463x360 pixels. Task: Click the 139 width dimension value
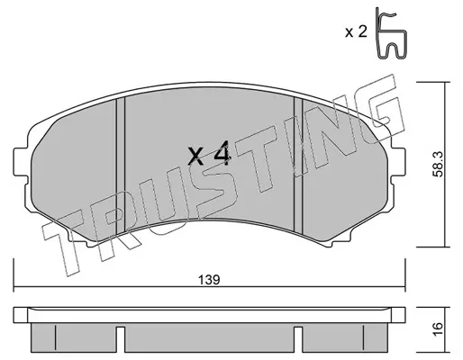(209, 280)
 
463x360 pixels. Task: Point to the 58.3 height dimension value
(439, 165)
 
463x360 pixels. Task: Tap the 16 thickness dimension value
(439, 330)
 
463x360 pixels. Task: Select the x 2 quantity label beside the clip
(356, 31)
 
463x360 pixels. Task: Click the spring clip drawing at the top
(391, 33)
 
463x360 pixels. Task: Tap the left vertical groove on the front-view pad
(121, 166)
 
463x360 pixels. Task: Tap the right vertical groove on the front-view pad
(298, 165)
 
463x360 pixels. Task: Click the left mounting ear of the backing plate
(21, 163)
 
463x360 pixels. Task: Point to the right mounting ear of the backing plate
(398, 162)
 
